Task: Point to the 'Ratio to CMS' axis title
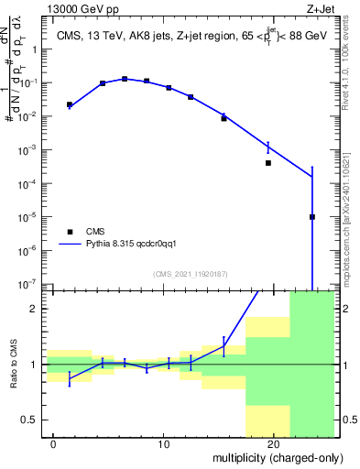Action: (12, 365)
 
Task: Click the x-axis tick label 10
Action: (163, 444)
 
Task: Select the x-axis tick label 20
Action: (273, 444)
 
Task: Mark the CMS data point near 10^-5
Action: (312, 217)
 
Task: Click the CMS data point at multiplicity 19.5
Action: (268, 163)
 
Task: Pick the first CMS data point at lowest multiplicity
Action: (70, 105)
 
